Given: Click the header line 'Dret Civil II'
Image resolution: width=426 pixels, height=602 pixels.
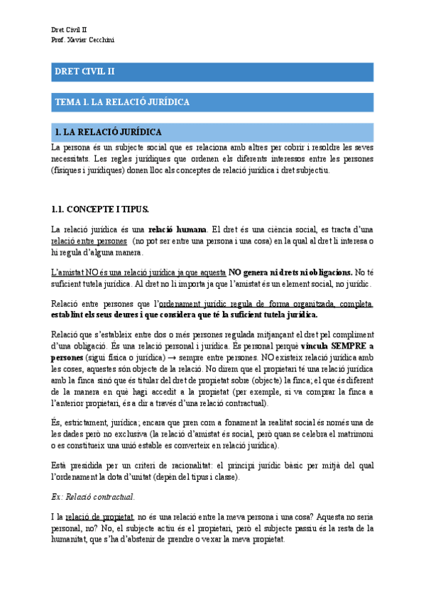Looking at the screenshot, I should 70,29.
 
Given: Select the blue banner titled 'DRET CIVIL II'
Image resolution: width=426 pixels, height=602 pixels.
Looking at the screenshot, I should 213,72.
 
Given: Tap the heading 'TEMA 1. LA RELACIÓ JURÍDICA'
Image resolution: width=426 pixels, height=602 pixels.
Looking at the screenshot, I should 122,102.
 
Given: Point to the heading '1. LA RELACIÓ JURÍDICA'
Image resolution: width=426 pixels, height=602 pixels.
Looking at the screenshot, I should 108,133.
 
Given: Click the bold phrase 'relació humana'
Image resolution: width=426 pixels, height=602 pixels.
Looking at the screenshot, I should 177,229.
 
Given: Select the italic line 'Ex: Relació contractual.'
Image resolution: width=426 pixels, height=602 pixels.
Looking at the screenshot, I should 93,496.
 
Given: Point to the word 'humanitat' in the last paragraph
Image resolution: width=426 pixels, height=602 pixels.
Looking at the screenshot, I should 72,539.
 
